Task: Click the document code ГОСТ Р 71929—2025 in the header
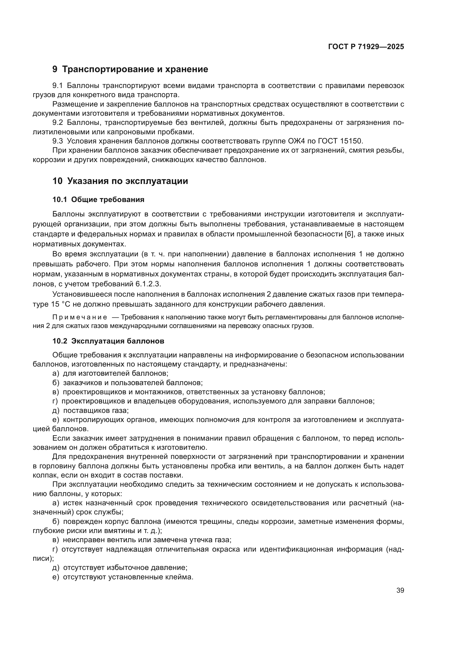[x=366, y=47]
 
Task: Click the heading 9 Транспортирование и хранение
[x=130, y=69]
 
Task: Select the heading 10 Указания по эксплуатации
[x=120, y=181]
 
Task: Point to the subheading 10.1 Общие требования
[x=98, y=200]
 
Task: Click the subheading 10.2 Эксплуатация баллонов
[x=108, y=341]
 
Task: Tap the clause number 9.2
[x=58, y=123]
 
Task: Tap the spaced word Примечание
[x=80, y=317]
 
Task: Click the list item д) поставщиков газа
[x=90, y=410]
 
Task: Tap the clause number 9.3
[x=58, y=141]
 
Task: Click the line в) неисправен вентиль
[x=142, y=540]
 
